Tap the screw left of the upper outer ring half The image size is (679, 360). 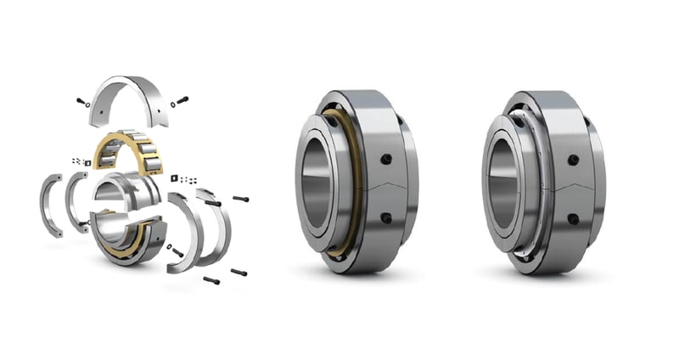tap(81, 102)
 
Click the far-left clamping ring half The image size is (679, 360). tap(50, 204)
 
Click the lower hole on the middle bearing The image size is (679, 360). tap(386, 218)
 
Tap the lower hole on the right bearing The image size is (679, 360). tap(574, 218)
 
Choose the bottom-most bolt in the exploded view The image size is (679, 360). tap(211, 279)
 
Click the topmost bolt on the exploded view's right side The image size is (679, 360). tap(240, 197)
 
